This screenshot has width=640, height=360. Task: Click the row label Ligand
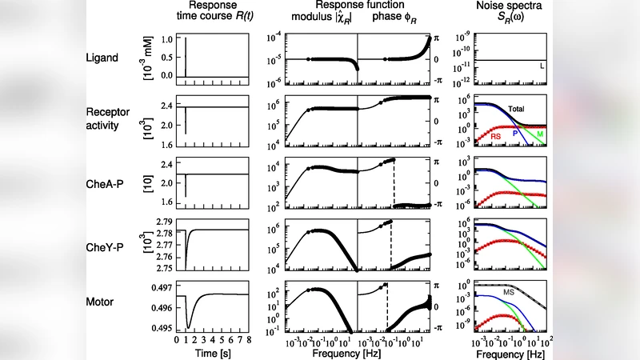[102, 58]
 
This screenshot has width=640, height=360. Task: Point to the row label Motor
[101, 303]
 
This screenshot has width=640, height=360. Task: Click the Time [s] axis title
[213, 352]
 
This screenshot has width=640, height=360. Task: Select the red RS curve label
[497, 137]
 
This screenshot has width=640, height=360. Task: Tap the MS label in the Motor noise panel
[508, 294]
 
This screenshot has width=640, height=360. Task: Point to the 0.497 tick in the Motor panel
[163, 286]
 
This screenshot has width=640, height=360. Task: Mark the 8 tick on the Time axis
[251, 339]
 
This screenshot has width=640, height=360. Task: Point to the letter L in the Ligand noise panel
[542, 65]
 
